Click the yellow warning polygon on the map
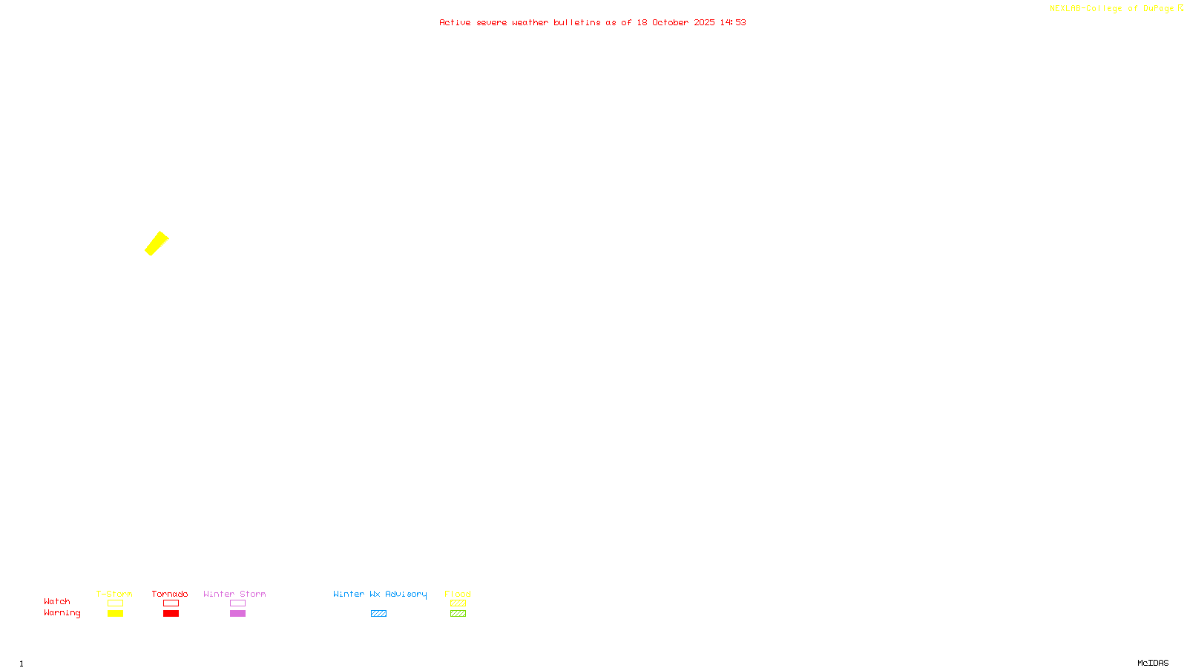157,243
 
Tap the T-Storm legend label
114,594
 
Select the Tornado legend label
170,594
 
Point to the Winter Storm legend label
234,594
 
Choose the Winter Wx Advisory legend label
380,594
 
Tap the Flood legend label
458,594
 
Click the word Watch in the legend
57,601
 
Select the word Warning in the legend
62,613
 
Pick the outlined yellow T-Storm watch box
115,603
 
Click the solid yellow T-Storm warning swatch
115,614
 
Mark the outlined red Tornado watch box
171,603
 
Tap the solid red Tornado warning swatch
171,614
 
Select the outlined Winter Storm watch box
237,603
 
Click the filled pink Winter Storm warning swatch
237,614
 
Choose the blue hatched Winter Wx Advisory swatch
378,614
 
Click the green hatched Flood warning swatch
458,614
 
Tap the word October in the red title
670,22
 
